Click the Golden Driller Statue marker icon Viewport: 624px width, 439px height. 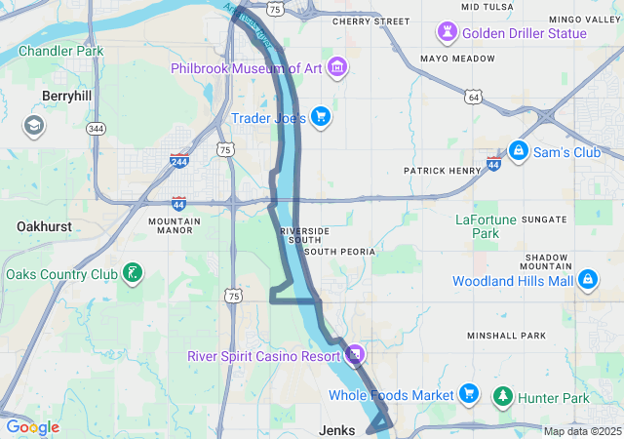448,33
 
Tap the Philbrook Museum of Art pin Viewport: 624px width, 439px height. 337,68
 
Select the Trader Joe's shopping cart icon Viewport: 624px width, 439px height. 320,118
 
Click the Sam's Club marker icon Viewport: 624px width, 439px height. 519,151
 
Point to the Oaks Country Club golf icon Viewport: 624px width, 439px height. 132,273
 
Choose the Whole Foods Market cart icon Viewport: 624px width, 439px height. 469,395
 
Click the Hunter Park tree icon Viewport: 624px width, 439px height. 503,397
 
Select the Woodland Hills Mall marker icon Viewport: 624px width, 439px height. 587,281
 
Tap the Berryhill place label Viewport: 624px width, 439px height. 66,96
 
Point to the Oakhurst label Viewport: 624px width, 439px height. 44,226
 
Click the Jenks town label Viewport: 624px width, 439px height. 338,430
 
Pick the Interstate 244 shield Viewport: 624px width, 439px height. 178,160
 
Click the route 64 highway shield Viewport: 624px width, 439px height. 474,97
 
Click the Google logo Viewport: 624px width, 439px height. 33,427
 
